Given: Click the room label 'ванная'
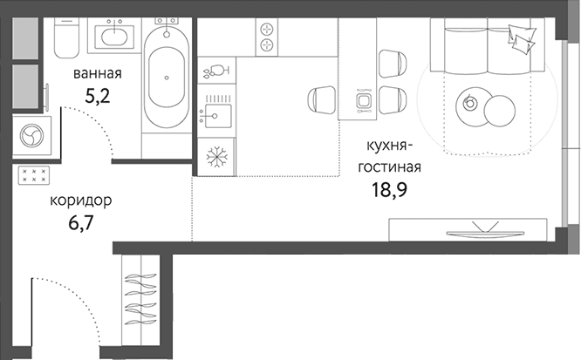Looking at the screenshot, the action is coord(98,73).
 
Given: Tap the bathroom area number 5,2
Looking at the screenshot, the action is coord(98,96).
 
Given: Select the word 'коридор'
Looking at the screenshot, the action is coord(81,201).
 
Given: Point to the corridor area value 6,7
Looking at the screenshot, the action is coord(80,223).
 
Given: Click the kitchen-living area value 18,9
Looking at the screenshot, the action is coord(389,190).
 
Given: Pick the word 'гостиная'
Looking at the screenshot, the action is coord(389,167).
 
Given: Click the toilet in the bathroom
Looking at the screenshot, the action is coord(66,37).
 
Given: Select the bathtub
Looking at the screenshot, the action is coord(167,77).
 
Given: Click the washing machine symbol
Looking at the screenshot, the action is coord(32,136).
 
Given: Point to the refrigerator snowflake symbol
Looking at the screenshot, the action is coord(216,157).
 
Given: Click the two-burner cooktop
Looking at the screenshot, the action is coord(267,37).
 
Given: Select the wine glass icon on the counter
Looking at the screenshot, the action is coord(216,71).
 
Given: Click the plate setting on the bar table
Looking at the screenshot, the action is coord(362,100).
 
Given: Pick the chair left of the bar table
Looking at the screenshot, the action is coord(322,99).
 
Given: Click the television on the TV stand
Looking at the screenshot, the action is coord(485,230).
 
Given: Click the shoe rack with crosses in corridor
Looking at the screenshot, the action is coord(34,175).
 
